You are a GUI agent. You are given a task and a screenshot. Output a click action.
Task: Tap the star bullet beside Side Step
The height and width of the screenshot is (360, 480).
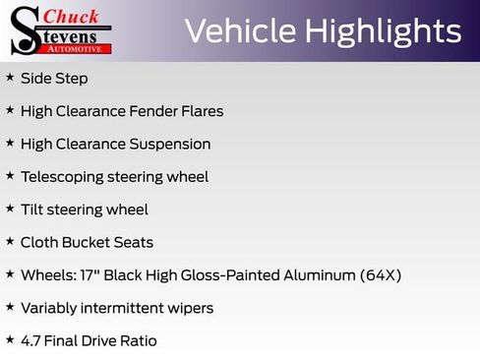tap(10, 77)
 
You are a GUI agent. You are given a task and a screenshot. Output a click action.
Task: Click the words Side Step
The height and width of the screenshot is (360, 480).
tap(54, 78)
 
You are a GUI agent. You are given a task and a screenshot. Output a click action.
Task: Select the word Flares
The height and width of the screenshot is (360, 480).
tap(202, 111)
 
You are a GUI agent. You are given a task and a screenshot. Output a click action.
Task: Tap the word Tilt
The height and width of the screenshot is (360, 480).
tap(32, 210)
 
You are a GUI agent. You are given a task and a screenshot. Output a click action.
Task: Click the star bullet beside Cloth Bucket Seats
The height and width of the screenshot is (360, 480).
tap(10, 241)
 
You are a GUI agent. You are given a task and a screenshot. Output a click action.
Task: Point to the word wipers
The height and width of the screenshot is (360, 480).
tap(189, 308)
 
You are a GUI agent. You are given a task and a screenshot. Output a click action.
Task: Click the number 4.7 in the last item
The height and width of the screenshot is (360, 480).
tap(31, 340)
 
